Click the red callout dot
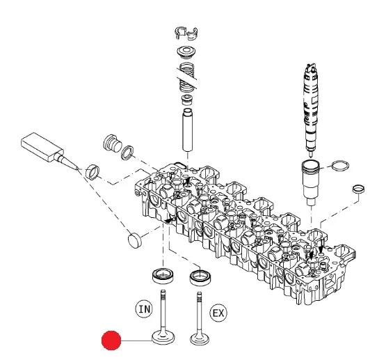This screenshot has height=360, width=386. click(x=111, y=341)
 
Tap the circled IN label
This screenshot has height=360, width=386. click(x=144, y=308)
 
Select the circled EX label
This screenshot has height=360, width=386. click(x=218, y=313)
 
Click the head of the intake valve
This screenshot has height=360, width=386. click(x=163, y=338)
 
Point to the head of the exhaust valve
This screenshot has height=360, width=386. click(x=200, y=338)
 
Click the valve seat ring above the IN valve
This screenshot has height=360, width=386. click(x=163, y=276)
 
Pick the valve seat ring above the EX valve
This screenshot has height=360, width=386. click(x=200, y=278)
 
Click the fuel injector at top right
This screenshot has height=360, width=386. click(x=311, y=109)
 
